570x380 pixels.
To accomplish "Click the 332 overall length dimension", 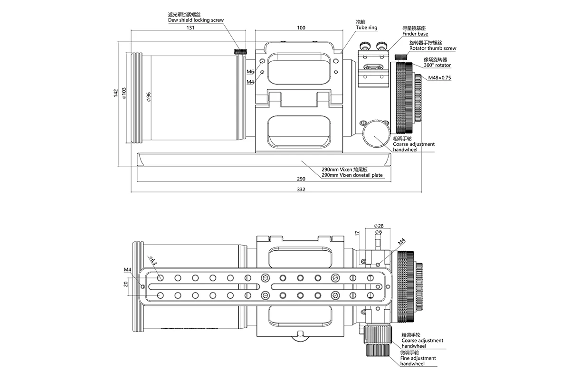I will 300,190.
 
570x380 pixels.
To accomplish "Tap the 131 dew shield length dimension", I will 190,28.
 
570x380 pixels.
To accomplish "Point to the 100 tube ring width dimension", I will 300,28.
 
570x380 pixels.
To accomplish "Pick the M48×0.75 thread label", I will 439,78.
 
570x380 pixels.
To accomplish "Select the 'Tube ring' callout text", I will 366,28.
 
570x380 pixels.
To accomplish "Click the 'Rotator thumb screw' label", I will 432,48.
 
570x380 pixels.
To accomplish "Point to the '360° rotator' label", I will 437,65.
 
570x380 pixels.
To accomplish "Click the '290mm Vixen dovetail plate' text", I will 352,175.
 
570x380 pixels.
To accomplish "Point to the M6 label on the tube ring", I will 250,71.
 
